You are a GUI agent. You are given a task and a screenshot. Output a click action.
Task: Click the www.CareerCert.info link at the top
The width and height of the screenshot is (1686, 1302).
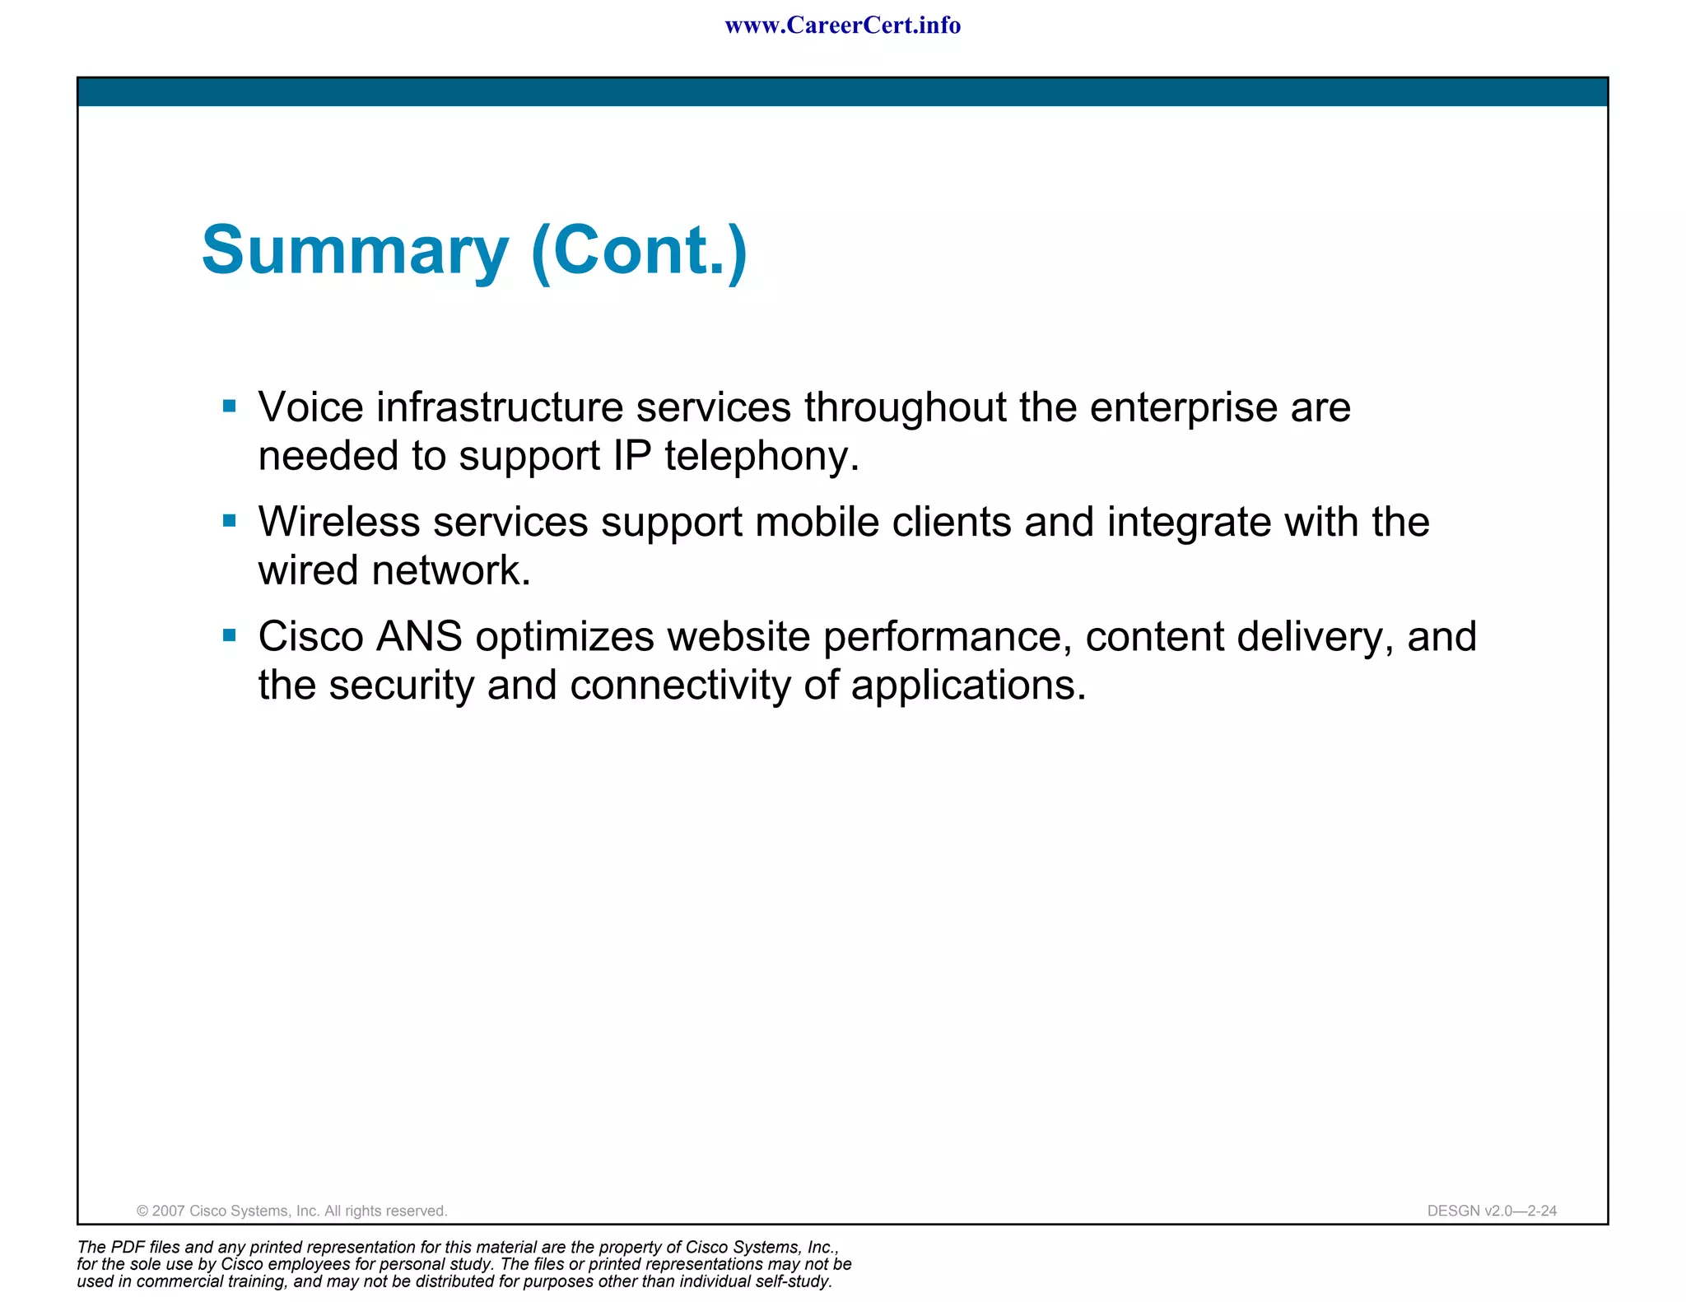coord(842,26)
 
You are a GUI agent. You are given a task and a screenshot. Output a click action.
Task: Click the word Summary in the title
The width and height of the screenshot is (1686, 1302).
coord(355,250)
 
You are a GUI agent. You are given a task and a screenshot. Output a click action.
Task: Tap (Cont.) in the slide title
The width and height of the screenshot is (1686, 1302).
coord(640,250)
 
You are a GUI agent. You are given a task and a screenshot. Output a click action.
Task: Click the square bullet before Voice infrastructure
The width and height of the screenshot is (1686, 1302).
coord(230,406)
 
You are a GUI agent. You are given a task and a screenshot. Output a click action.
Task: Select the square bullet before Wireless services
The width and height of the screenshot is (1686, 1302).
coord(230,520)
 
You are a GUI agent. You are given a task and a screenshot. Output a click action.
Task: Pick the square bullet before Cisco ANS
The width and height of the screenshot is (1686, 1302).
coord(230,635)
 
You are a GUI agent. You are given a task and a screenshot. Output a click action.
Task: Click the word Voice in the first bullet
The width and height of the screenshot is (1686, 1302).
coord(311,407)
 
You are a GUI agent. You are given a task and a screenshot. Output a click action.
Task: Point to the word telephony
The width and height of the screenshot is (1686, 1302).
coord(761,456)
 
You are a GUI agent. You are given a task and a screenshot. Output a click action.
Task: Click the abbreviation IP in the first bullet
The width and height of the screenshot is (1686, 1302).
coord(632,456)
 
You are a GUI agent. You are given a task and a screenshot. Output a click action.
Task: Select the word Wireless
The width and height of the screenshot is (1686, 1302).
coord(339,522)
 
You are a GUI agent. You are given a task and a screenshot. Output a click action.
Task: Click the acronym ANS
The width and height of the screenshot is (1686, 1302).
coord(419,636)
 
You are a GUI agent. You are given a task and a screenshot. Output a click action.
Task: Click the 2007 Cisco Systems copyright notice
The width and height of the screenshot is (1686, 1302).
coord(291,1211)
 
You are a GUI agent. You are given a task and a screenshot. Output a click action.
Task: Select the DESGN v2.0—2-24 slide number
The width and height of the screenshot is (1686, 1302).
coord(1492,1211)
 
